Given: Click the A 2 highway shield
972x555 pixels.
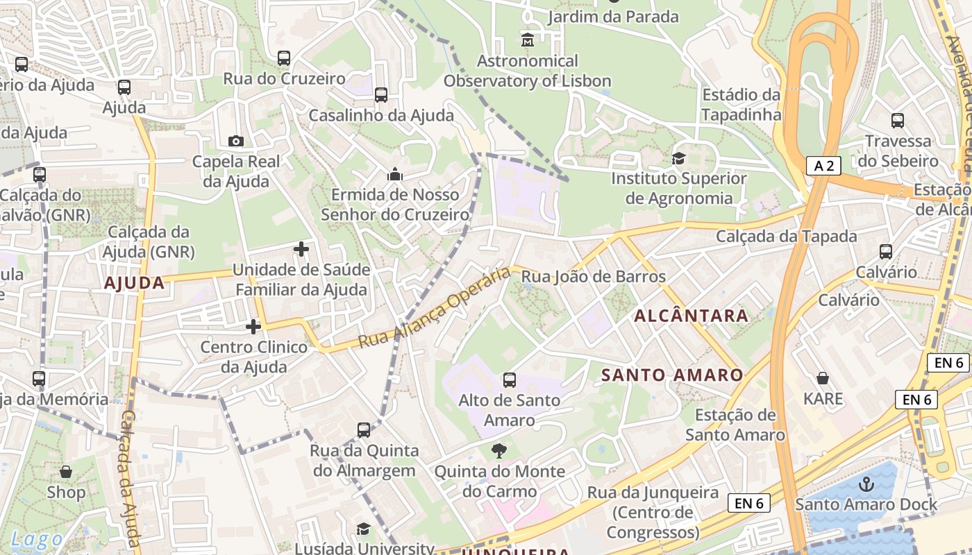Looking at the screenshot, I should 823,165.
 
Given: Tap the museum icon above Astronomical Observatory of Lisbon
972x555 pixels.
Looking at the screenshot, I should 528,40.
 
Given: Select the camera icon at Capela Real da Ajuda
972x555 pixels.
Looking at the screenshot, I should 236,141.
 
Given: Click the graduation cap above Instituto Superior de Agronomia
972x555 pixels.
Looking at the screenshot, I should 678,158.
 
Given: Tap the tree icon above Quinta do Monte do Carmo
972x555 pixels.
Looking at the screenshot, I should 498,451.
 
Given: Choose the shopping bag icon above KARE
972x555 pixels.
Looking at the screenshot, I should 823,378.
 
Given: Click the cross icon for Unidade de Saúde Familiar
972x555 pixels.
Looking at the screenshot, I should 301,248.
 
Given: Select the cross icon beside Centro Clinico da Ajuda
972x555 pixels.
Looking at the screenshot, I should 253,326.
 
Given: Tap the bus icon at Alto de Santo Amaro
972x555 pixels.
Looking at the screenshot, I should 510,379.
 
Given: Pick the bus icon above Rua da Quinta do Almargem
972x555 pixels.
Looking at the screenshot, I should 364,429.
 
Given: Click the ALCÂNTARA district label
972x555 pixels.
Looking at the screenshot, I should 691,316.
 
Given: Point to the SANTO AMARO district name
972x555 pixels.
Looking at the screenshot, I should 671,375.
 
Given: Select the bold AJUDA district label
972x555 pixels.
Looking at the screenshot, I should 135,283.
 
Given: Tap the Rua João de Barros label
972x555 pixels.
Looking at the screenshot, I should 593,277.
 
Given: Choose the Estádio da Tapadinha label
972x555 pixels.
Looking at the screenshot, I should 741,105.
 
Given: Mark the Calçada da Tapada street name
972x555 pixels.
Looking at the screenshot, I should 787,237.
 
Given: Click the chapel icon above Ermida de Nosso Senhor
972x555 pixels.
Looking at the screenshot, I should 395,173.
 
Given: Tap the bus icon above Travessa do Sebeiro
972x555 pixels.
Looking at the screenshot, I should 898,121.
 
